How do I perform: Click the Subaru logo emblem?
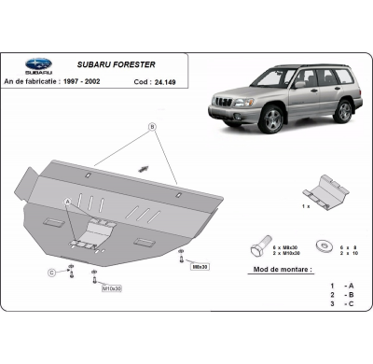(x=37, y=64)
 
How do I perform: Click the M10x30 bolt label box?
(x=111, y=288)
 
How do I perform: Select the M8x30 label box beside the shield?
(x=199, y=266)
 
